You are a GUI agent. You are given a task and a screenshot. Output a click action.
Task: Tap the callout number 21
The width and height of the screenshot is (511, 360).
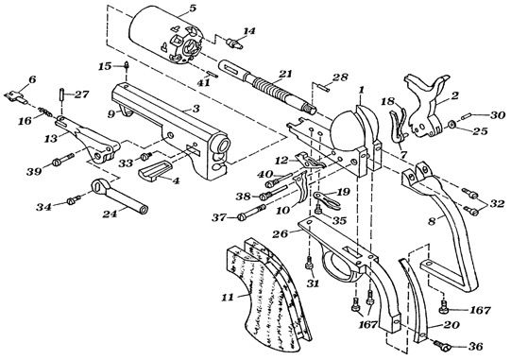(x=286, y=75)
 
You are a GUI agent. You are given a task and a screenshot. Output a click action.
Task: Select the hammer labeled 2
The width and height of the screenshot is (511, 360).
(x=427, y=104)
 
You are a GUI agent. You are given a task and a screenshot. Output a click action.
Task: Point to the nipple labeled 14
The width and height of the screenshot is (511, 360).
(x=234, y=43)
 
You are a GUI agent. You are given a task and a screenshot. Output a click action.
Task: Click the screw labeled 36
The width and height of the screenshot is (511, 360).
(x=442, y=345)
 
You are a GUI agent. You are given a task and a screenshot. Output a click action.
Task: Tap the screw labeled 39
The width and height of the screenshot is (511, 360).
(x=62, y=160)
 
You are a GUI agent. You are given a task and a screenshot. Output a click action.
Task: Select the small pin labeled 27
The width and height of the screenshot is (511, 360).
(x=61, y=94)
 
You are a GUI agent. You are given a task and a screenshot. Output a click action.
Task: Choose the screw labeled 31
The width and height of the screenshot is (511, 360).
(x=309, y=263)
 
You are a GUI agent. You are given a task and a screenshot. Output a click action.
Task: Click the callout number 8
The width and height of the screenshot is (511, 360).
(x=432, y=222)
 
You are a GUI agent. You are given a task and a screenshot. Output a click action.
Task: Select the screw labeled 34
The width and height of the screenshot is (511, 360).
(x=75, y=200)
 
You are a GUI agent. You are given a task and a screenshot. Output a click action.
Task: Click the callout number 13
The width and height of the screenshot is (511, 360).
(x=51, y=138)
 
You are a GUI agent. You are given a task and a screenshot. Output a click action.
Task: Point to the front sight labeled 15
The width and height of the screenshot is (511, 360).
(x=127, y=66)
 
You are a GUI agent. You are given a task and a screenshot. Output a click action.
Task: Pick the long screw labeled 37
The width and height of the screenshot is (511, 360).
(x=251, y=213)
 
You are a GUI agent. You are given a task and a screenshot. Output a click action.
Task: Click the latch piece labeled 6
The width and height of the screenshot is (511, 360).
(x=15, y=96)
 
